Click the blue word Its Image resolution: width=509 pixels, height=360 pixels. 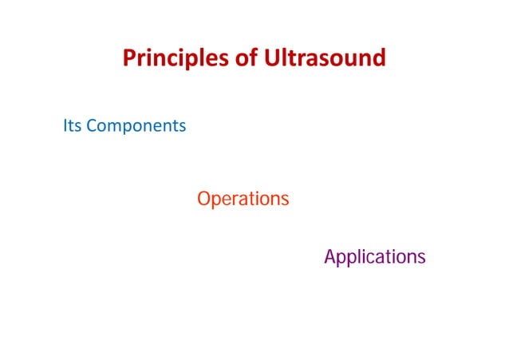coord(72,126)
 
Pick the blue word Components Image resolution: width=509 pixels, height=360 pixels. coord(136,127)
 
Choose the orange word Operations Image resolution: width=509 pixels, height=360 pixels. coord(243,199)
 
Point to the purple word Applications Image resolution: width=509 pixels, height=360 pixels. coord(374,258)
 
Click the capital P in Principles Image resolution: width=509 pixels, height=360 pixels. coord(128,59)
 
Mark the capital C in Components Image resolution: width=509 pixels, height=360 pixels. coord(90,126)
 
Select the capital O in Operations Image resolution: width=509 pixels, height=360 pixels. coord(203,199)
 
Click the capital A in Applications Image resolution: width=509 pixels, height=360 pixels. coord(330,257)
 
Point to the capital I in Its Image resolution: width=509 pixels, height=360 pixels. coord(65,126)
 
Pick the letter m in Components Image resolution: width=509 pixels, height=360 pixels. coord(112,128)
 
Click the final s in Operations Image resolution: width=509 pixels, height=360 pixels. coord(284,200)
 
